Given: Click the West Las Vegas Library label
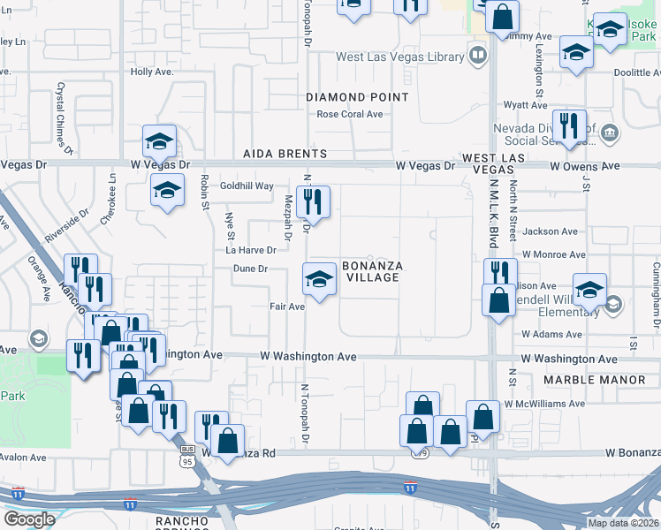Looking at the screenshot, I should [x=399, y=57].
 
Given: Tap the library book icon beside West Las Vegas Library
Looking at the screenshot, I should [x=477, y=57].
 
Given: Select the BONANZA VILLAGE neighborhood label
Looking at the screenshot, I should [x=371, y=271].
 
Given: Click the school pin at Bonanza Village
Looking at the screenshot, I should [x=319, y=281].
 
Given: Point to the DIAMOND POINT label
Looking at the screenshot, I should [x=357, y=96].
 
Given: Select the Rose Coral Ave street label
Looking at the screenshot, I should [x=350, y=114].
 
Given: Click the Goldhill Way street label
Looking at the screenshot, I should [x=247, y=186].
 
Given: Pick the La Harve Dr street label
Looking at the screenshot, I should [x=251, y=250].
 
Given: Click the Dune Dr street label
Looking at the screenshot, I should [x=250, y=269].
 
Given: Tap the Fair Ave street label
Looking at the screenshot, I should [x=287, y=307].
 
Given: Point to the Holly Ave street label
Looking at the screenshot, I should [x=148, y=72].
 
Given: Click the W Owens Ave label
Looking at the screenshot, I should [x=584, y=165].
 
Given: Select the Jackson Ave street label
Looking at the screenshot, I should [x=550, y=231].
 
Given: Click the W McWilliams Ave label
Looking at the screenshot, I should [x=544, y=404].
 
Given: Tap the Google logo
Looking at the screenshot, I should [x=29, y=519].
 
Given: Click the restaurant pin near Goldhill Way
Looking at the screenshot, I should [x=313, y=202].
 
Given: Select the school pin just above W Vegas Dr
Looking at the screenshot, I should [x=160, y=141].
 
